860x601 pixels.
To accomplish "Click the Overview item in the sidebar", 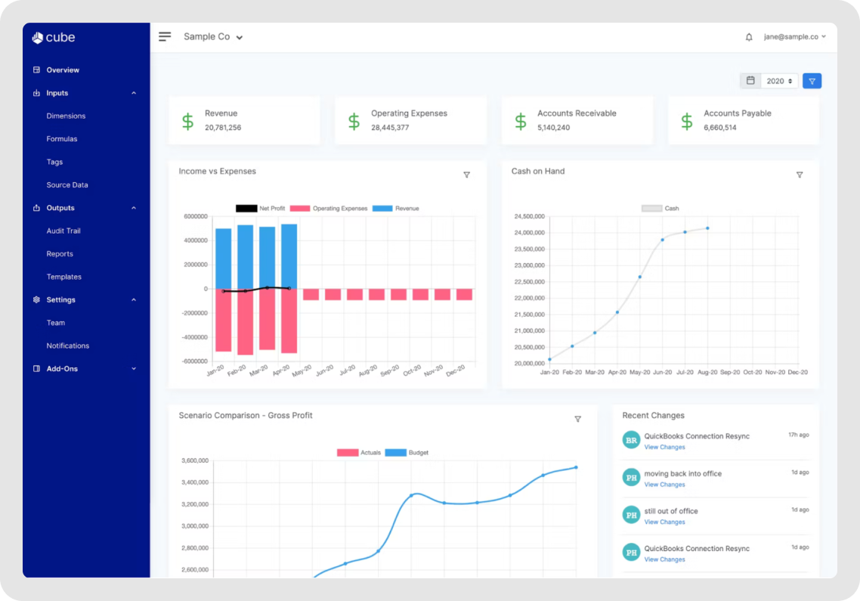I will pyautogui.click(x=62, y=70).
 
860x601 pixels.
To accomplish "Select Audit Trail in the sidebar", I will pyautogui.click(x=63, y=231).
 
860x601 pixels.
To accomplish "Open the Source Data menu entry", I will pyautogui.click(x=67, y=185).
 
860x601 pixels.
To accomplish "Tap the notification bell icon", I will pyautogui.click(x=749, y=37).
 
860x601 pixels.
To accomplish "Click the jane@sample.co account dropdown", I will pyautogui.click(x=794, y=36).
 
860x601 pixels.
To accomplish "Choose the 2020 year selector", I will pyautogui.click(x=779, y=81).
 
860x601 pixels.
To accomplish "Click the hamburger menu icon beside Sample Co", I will pyautogui.click(x=165, y=36).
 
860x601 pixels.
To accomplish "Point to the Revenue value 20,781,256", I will pyautogui.click(x=223, y=128).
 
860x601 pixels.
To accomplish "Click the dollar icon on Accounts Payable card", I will pyautogui.click(x=686, y=121).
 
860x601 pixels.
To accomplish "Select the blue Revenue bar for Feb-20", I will pyautogui.click(x=245, y=257).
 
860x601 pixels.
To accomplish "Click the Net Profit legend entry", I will pyautogui.click(x=260, y=209).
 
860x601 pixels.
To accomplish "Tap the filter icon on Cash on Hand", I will pyautogui.click(x=800, y=175).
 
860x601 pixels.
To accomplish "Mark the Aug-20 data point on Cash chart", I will pyautogui.click(x=707, y=228).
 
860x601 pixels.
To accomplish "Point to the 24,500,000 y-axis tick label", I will pyautogui.click(x=530, y=217).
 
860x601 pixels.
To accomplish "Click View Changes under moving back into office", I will pyautogui.click(x=664, y=485).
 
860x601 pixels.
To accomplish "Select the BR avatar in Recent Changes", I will pyautogui.click(x=631, y=440).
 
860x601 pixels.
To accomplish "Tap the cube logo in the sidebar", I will pyautogui.click(x=54, y=38).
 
